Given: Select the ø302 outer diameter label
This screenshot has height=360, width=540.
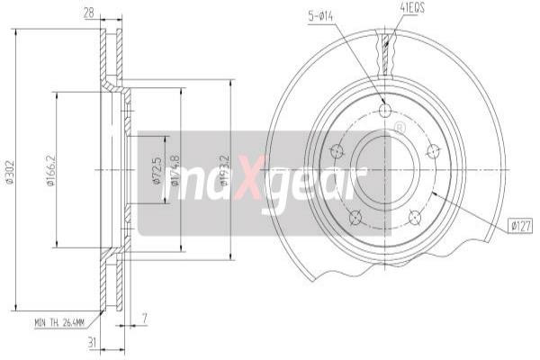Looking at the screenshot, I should pos(9,171).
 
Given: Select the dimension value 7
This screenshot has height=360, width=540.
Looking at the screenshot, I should pos(144,317).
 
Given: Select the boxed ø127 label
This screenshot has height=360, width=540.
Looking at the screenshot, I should pos(520,226).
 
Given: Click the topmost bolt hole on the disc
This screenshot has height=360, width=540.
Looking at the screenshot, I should pos(385,111).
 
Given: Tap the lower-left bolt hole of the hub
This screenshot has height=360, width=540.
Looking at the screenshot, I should pos(355,216).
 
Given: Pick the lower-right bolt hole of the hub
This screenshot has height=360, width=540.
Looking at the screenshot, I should pos(415,216).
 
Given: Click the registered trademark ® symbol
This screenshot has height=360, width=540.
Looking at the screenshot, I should pos(400,129).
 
